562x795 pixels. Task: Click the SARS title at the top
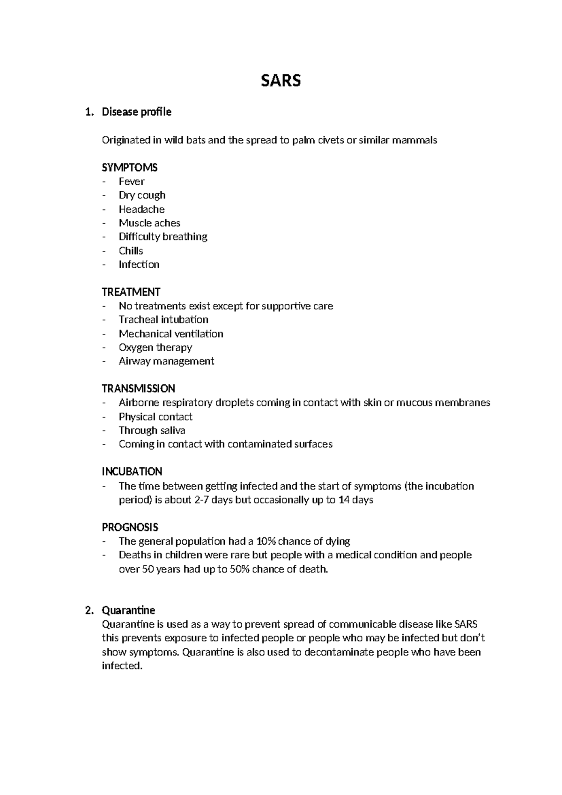281,81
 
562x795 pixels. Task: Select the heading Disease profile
136,112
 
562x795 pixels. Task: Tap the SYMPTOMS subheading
129,167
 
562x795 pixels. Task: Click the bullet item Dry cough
142,195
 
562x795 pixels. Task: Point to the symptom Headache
141,209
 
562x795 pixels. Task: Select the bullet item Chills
131,250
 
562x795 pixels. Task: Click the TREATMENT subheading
131,292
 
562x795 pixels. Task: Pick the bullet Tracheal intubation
163,320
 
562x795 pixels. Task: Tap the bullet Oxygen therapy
155,347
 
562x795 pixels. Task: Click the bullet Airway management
166,361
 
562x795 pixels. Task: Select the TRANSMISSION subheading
138,389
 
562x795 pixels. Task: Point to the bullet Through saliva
152,430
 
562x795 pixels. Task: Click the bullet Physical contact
155,417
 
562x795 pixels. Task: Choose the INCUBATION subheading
132,472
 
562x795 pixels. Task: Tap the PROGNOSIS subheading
130,527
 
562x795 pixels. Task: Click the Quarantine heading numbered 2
128,610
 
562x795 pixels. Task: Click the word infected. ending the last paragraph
122,666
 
